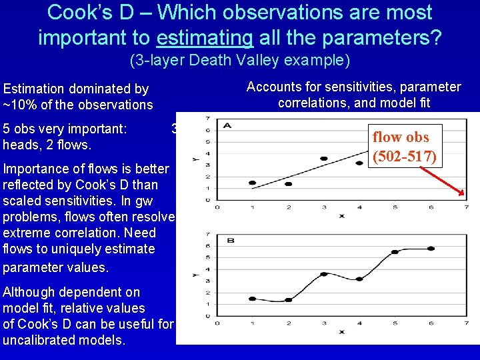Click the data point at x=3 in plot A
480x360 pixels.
(x=324, y=159)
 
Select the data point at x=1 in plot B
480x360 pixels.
(x=252, y=299)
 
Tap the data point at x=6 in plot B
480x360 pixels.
(x=431, y=249)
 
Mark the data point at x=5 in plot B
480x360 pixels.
(x=395, y=252)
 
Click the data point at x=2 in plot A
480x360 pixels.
(x=288, y=184)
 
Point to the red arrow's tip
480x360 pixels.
(x=465, y=196)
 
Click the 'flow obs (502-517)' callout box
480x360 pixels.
(x=405, y=146)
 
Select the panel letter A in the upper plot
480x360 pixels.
(x=229, y=125)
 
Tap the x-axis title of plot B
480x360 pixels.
(x=341, y=331)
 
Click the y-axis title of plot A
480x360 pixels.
(x=194, y=159)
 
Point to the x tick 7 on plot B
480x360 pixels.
(x=466, y=323)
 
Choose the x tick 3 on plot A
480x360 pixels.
(x=324, y=207)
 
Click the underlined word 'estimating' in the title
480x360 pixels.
(x=204, y=37)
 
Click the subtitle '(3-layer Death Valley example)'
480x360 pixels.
(x=239, y=61)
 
